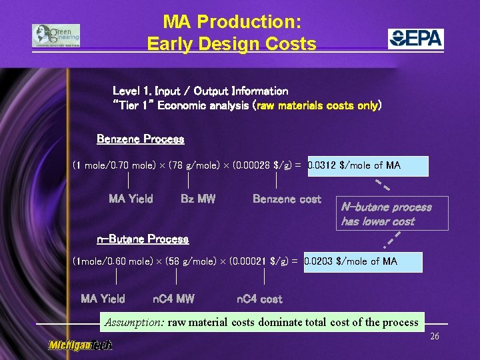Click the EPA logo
pyautogui.click(x=416, y=39)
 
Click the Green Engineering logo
pyautogui.click(x=55, y=36)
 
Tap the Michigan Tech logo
pyautogui.click(x=80, y=345)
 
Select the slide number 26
pyautogui.click(x=434, y=337)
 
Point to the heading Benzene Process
pyautogui.click(x=140, y=139)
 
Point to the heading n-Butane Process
pyautogui.click(x=143, y=239)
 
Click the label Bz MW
pyautogui.click(x=198, y=199)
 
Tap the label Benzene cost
pyautogui.click(x=287, y=199)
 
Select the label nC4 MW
pyautogui.click(x=173, y=299)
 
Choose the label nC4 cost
pyautogui.click(x=259, y=299)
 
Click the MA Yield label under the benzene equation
pyautogui.click(x=131, y=199)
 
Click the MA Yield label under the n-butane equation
pyautogui.click(x=103, y=299)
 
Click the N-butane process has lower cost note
pyautogui.click(x=386, y=214)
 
